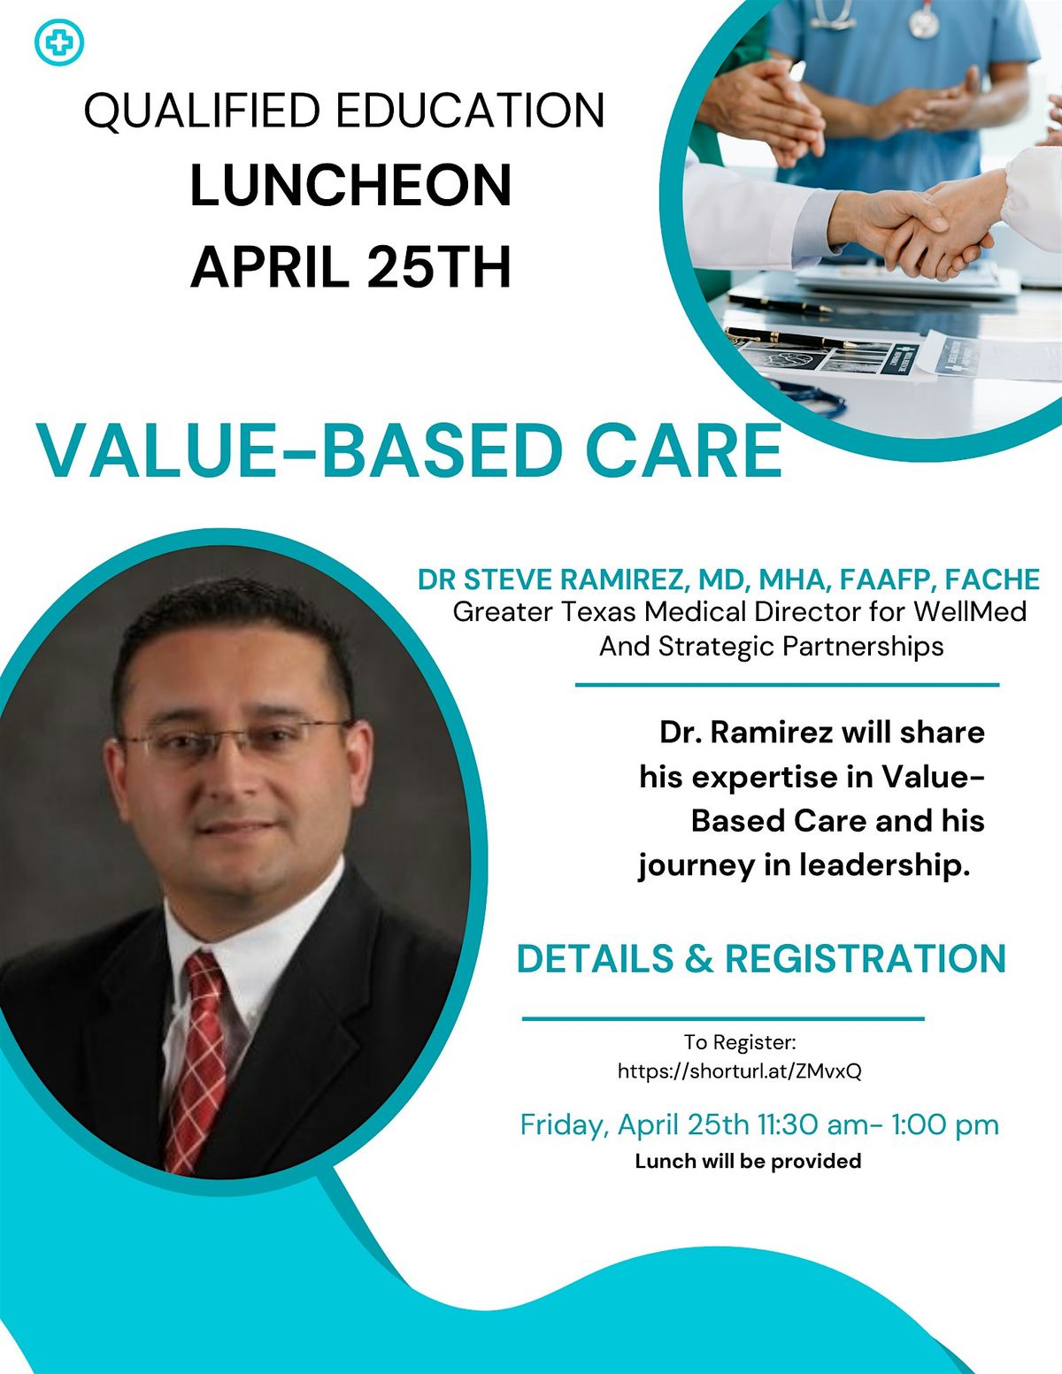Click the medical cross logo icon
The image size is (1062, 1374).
pyautogui.click(x=58, y=42)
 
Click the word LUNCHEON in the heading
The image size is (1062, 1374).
pyautogui.click(x=351, y=187)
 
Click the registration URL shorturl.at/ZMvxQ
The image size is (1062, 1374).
pyautogui.click(x=739, y=1071)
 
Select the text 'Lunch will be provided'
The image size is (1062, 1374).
pyautogui.click(x=748, y=1161)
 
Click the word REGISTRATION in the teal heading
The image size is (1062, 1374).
pyautogui.click(x=865, y=959)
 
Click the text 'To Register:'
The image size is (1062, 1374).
pyautogui.click(x=740, y=1042)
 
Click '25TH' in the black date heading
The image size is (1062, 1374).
pyautogui.click(x=439, y=267)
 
